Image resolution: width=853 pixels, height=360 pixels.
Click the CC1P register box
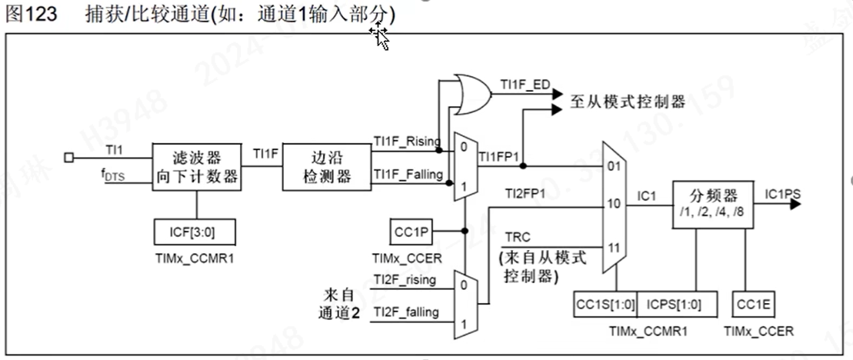coord(412,230)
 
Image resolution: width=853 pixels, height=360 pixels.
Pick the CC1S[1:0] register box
coord(605,305)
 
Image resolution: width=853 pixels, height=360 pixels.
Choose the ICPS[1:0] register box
coord(668,305)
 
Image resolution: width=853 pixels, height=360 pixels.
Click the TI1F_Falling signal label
coord(408,175)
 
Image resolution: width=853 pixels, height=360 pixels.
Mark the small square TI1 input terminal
coord(68,158)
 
